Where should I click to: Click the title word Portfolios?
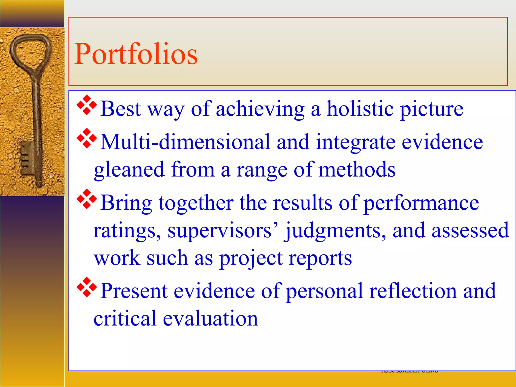(x=136, y=54)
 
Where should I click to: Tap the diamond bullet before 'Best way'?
(x=86, y=105)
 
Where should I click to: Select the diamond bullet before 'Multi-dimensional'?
(x=86, y=138)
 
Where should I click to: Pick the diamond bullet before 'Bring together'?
(x=86, y=199)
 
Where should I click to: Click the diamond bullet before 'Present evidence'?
(x=86, y=287)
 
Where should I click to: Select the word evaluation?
(x=210, y=319)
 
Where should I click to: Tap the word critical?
(x=125, y=319)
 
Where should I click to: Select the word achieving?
(x=260, y=109)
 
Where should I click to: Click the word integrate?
(x=356, y=142)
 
